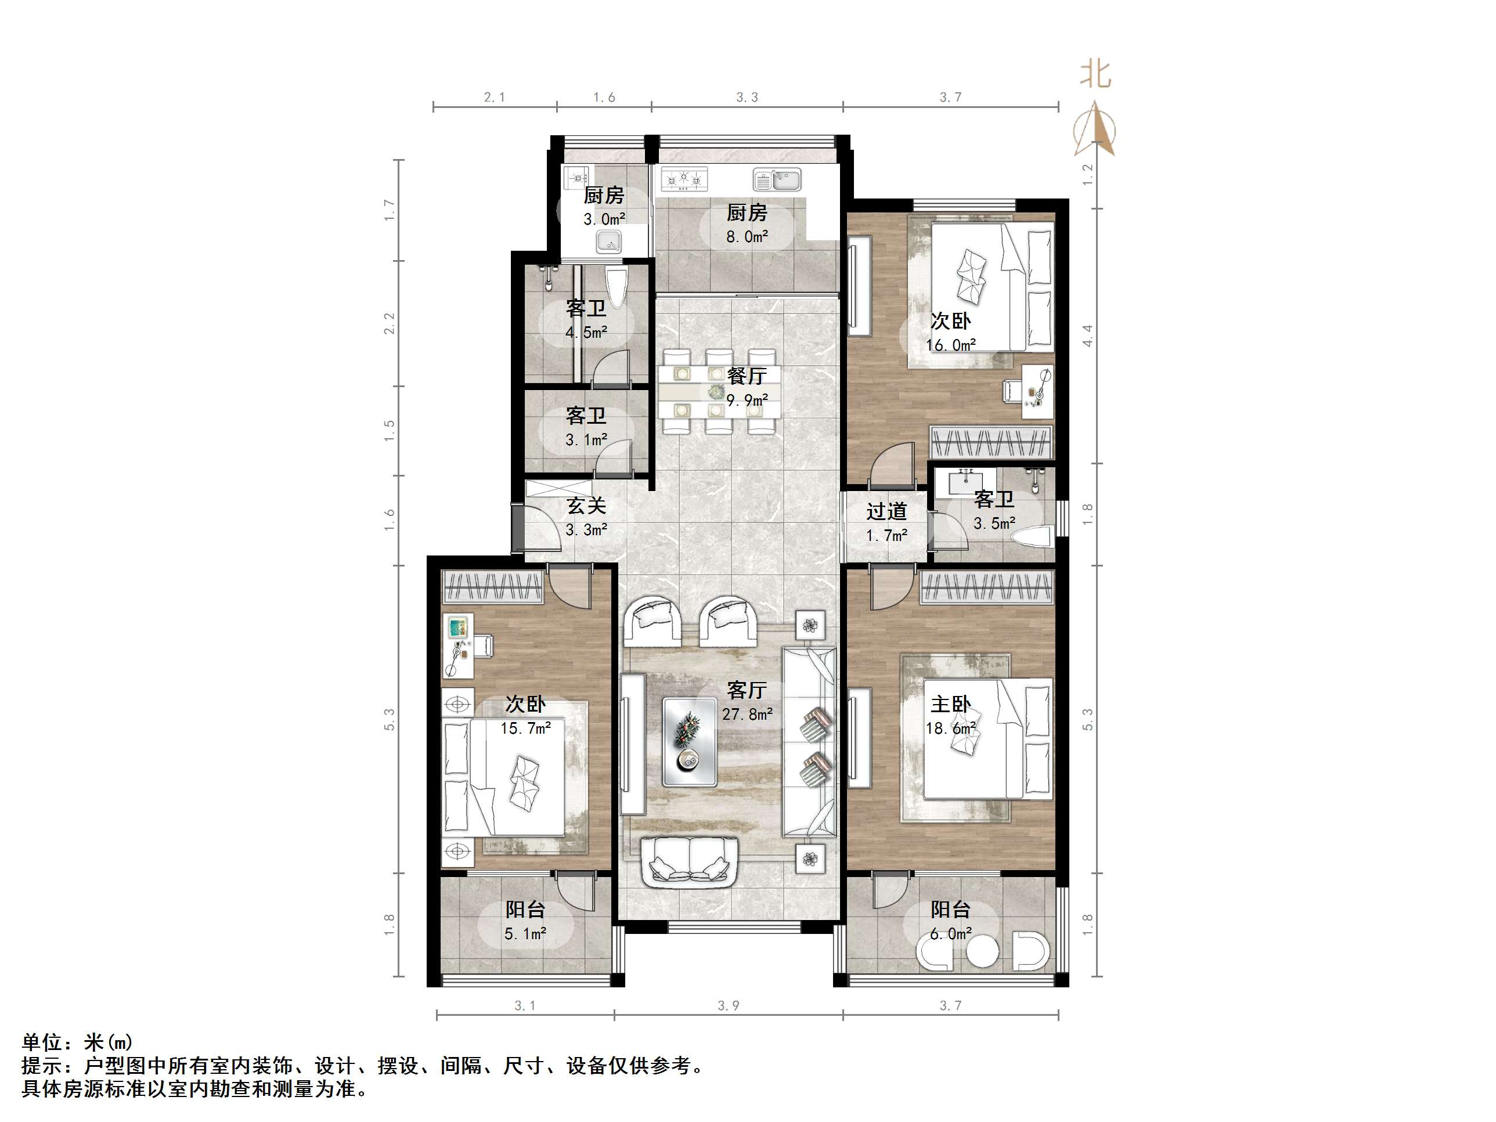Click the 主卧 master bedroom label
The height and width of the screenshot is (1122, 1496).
point(950,704)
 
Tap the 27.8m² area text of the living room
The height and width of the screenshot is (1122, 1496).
point(747,714)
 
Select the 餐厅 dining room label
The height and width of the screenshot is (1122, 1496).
point(747,376)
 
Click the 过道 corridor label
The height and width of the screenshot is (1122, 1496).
point(886,511)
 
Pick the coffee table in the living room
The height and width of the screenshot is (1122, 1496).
point(690,742)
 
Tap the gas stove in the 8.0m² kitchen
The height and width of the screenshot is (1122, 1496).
point(684,179)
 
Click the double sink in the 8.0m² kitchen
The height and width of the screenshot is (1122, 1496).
point(777,180)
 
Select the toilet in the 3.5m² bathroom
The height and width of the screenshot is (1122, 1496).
point(1032,538)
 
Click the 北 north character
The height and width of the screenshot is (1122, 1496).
point(1095,74)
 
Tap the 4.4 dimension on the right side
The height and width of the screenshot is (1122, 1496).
point(1087,336)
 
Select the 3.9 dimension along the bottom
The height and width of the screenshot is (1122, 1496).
point(729,1006)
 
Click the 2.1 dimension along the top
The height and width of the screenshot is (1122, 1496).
point(495,98)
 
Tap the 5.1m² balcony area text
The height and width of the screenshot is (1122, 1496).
point(525,934)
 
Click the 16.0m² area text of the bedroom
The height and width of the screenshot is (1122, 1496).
point(950,345)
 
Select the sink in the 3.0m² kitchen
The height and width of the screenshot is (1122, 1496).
point(610,241)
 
